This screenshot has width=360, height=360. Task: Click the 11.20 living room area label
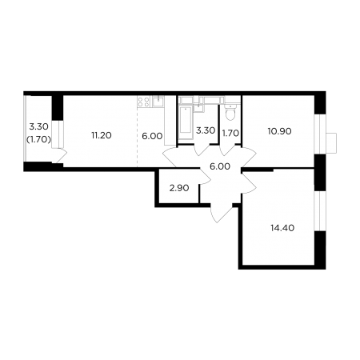pos(101,135)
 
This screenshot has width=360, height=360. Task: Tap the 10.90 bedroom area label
pos(280,131)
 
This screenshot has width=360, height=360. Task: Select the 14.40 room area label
pos(282,228)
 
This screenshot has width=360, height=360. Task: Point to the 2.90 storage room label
pos(179,188)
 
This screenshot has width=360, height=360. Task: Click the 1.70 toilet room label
pos(230,133)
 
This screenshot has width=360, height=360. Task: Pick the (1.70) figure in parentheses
pos(38,139)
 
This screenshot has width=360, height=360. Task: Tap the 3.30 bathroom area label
pos(206,130)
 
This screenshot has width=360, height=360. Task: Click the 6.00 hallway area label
pos(220,166)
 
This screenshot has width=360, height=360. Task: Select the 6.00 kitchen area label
pos(152,136)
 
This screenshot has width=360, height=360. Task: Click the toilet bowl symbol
pos(230,112)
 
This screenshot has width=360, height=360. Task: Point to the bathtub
pos(186,122)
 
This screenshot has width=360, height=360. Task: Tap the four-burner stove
pos(143,102)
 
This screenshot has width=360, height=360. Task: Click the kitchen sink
pos(158,101)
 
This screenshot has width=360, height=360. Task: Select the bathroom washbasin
pos(198,107)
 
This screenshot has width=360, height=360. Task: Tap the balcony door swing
pos(60,155)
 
